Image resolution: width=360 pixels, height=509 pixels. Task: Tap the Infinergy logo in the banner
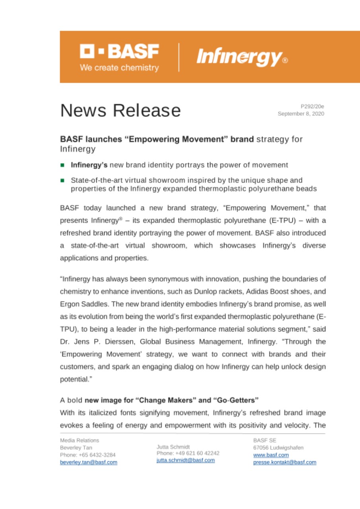pyautogui.click(x=242, y=57)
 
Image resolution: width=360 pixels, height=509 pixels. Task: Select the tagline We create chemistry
pyautogui.click(x=119, y=68)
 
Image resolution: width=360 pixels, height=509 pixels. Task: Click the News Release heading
pyautogui.click(x=120, y=110)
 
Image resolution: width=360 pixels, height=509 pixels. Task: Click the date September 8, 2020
pyautogui.click(x=301, y=114)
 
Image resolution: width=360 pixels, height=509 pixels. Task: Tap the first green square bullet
pyautogui.click(x=62, y=165)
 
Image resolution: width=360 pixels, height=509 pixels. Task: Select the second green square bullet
pyautogui.click(x=62, y=180)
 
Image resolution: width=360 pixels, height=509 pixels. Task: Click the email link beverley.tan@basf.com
pyautogui.click(x=88, y=462)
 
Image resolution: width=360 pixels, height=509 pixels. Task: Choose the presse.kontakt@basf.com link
pyautogui.click(x=284, y=462)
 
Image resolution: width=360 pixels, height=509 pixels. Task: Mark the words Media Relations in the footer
pyautogui.click(x=79, y=440)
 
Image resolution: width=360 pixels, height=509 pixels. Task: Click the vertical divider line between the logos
pyautogui.click(x=179, y=57)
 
